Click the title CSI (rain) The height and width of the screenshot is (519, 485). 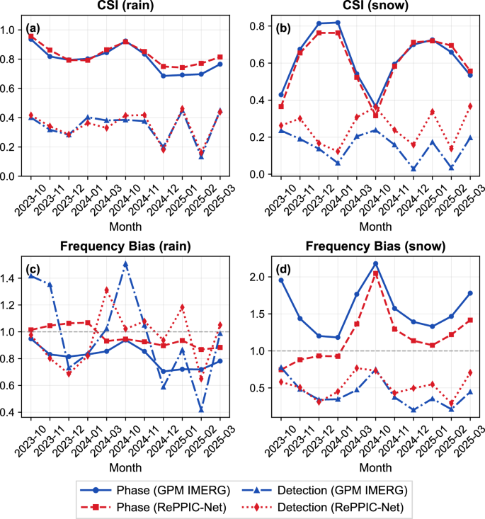click(x=125, y=8)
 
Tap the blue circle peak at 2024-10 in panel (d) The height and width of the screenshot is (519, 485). click(x=375, y=263)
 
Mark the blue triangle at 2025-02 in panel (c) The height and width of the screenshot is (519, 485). click(x=201, y=409)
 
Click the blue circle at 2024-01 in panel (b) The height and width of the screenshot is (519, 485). click(x=338, y=23)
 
